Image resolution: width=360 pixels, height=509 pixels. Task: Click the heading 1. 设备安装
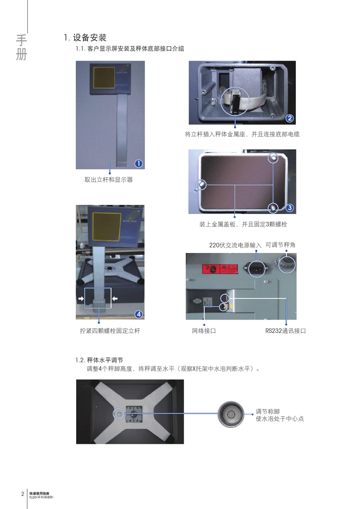click(85, 37)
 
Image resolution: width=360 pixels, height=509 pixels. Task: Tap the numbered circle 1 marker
click(139, 163)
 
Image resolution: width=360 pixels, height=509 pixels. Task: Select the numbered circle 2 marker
click(290, 118)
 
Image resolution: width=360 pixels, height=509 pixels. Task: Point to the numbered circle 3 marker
click(290, 208)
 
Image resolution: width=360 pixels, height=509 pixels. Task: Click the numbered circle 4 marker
click(139, 314)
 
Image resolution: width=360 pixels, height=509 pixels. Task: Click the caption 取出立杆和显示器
click(108, 180)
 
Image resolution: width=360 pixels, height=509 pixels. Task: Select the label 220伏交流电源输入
click(235, 245)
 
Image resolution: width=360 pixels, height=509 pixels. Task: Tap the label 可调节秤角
click(280, 245)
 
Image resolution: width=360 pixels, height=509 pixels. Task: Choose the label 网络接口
click(204, 331)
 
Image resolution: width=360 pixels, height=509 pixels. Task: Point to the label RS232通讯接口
click(285, 331)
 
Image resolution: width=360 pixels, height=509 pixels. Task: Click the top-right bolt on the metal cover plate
click(273, 158)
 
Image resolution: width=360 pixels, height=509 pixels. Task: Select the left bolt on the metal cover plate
click(201, 185)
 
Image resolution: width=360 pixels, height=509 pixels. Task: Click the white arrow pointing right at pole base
click(81, 299)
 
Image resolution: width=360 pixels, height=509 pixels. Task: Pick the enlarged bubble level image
click(231, 414)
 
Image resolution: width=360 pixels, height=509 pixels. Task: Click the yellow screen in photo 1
click(104, 78)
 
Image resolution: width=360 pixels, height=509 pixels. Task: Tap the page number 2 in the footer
click(23, 494)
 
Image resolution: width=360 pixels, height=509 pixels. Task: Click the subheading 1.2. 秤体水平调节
click(99, 360)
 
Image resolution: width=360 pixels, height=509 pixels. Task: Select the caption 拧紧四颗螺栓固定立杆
click(110, 331)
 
